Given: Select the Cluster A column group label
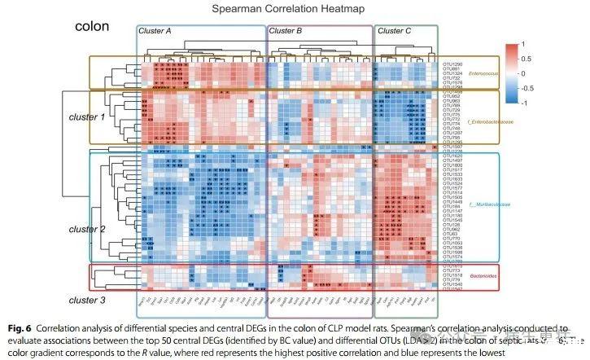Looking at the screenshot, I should click(155, 31).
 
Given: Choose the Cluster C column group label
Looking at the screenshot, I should click(395, 31).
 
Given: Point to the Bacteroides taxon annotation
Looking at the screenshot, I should click(484, 276).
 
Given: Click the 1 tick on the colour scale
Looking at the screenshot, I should click(523, 43).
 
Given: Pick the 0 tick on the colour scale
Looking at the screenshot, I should click(523, 74).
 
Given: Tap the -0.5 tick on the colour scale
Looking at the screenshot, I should click(527, 90).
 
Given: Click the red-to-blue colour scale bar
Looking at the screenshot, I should click(509, 74).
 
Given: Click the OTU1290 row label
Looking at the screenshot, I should click(452, 64).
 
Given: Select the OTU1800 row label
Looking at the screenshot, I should click(452, 165).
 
